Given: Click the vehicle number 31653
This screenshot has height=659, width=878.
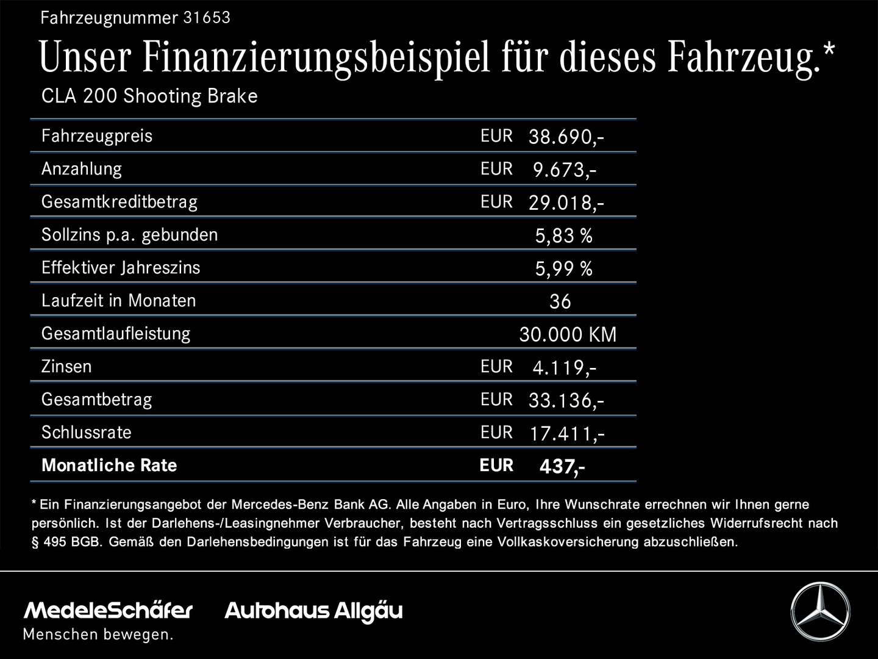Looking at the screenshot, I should point(207,18).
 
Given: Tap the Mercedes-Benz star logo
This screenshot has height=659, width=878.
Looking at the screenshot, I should point(820,611).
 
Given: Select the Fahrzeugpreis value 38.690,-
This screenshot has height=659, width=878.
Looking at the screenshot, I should point(565,137).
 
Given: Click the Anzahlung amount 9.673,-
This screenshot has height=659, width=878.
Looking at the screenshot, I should point(564,170).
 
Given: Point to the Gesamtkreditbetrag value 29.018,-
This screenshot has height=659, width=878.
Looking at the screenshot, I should point(565,203).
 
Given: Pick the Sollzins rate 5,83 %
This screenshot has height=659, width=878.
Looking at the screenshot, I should point(563,236).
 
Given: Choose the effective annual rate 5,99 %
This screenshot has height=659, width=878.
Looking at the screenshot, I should point(563,268).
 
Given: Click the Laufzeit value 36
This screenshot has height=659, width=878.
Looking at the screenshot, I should point(560,301).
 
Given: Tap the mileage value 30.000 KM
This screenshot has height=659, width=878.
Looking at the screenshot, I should point(568,334).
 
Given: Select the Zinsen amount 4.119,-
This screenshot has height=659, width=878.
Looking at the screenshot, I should point(564,367).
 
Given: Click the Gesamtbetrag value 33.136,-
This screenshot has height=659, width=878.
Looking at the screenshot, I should point(565,400).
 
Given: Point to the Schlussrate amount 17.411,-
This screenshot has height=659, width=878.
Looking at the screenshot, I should point(566,433).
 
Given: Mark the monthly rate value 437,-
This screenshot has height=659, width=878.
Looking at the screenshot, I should point(562,467).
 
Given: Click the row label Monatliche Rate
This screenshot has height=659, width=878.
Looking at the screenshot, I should point(109,466).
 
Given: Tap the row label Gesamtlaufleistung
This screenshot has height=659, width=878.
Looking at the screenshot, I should point(116,334).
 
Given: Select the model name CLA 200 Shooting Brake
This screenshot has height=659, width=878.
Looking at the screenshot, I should point(149,96).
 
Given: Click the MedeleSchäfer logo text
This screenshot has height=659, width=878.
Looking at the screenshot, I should point(108,610).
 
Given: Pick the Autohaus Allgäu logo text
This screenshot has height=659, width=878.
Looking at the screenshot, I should point(313,611).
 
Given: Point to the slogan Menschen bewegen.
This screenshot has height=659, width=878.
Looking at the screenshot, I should point(98,635).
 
